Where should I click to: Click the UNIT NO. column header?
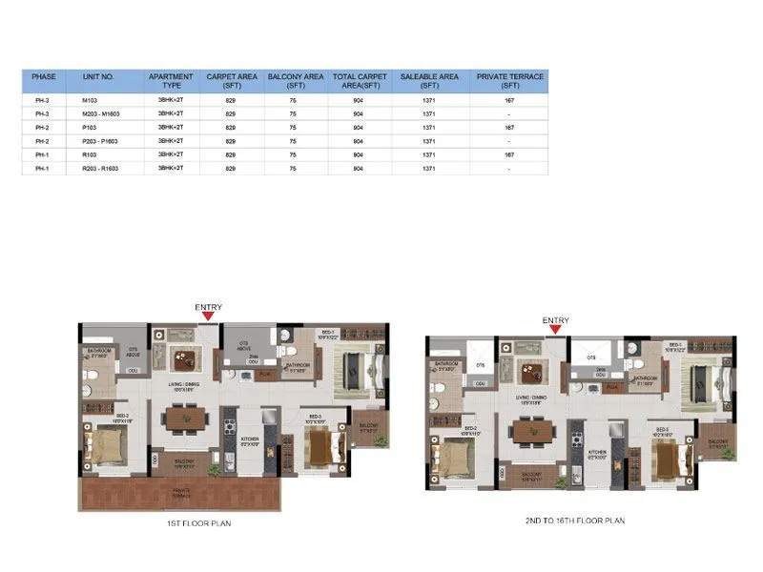coord(98,76)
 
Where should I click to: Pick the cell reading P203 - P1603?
coord(101,140)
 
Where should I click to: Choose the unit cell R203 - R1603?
coord(101,168)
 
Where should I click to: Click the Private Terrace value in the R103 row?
coord(509,153)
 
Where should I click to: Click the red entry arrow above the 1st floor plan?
coord(209,317)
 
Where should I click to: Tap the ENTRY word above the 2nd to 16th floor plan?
coord(555,320)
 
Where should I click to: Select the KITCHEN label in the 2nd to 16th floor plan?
coord(598,452)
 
